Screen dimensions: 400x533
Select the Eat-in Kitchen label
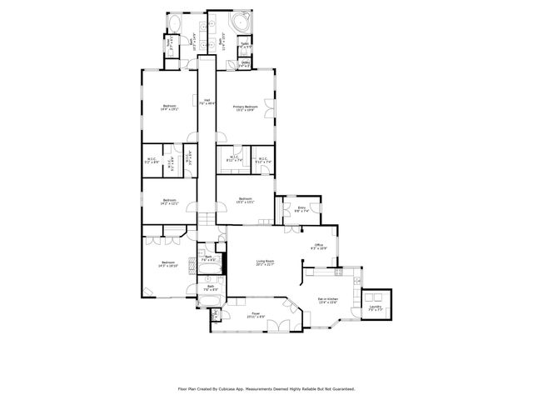tap(327, 300)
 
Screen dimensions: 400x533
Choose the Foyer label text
tap(256, 315)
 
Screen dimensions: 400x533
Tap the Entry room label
tap(301, 210)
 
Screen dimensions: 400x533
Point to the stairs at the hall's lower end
tap(205, 219)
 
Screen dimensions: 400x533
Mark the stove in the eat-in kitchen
tap(336, 272)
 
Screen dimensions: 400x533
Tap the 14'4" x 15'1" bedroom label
tap(169, 107)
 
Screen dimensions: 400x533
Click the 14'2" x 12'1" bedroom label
tap(169, 201)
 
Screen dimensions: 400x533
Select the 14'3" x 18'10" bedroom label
tap(169, 265)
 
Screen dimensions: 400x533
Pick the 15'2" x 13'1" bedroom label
tap(245, 200)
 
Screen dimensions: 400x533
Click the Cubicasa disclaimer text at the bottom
tap(266, 388)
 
